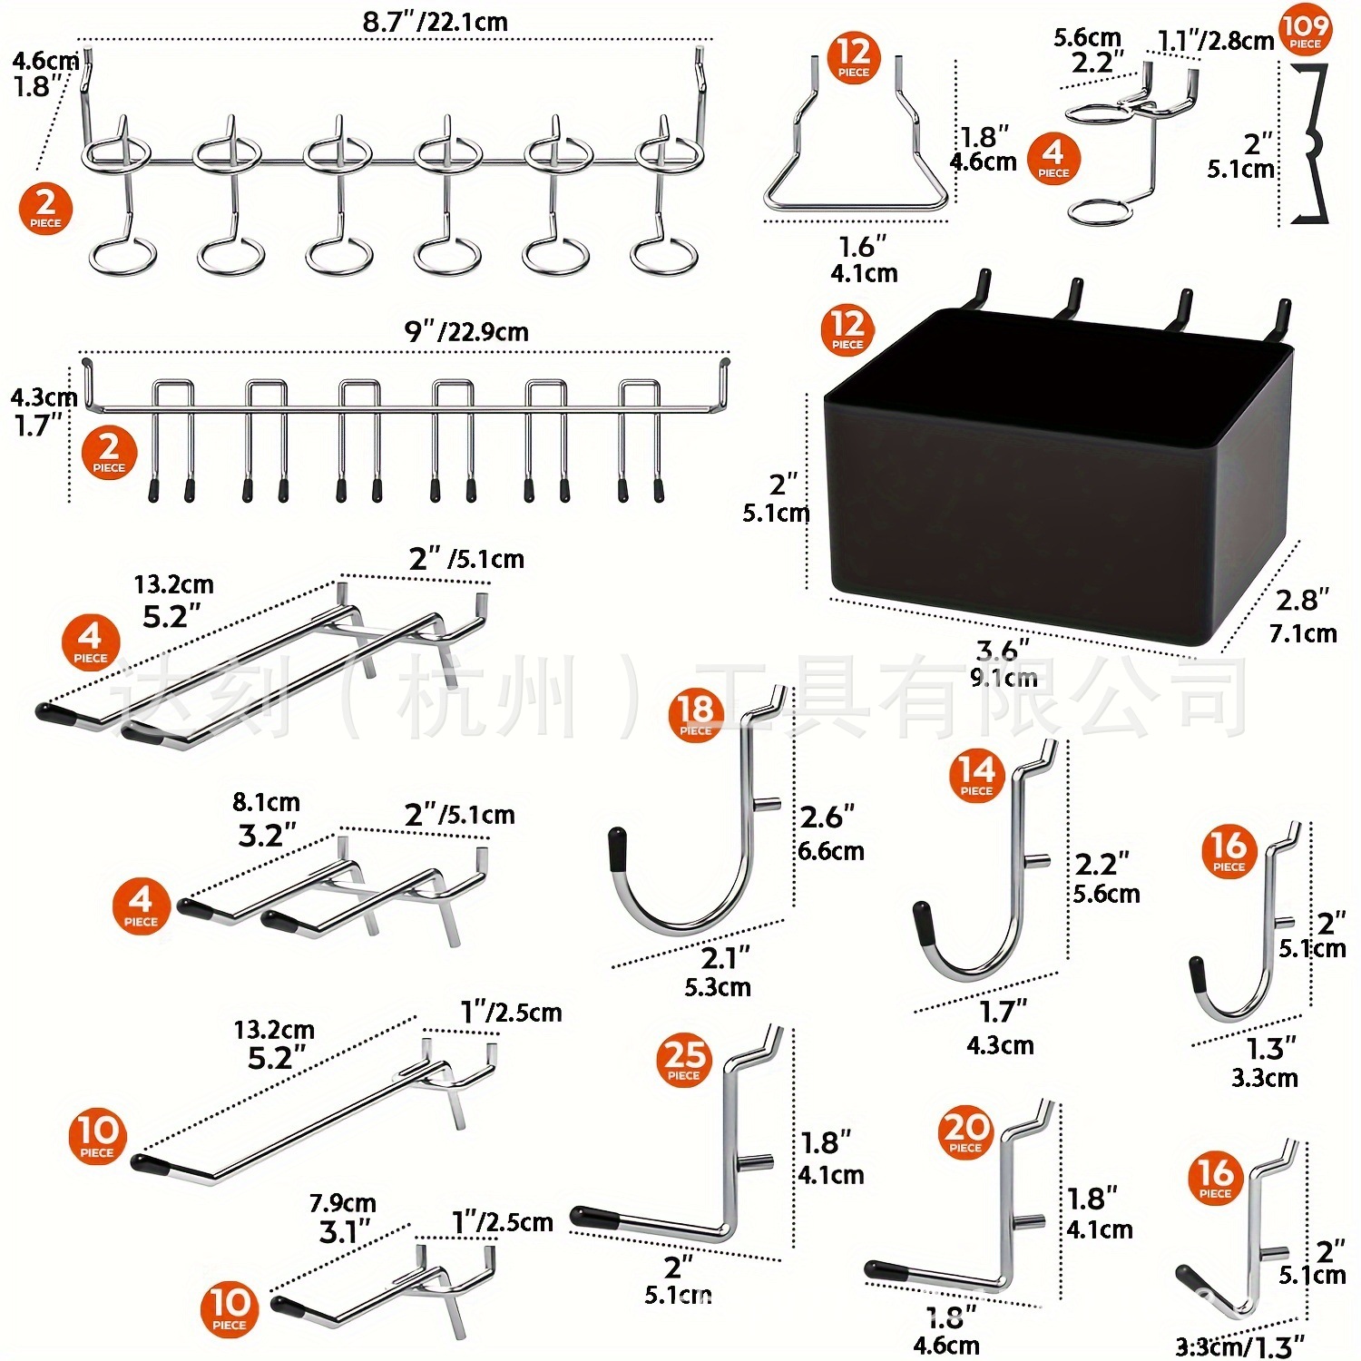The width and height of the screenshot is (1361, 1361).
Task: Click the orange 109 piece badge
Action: click(x=1305, y=31)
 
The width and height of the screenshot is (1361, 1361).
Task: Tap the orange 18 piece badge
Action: click(x=696, y=714)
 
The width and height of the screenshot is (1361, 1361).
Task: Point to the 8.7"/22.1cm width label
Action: click(x=436, y=22)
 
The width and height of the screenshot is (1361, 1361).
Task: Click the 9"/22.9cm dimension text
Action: click(x=466, y=332)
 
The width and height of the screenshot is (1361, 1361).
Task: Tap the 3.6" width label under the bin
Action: click(x=1003, y=651)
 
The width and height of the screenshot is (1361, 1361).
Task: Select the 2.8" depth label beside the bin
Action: click(x=1303, y=601)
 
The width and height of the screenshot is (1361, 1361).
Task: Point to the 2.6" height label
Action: click(x=827, y=818)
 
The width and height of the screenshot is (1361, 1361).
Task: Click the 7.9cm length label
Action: click(x=342, y=1203)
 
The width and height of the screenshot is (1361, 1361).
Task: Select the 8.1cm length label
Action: click(x=266, y=802)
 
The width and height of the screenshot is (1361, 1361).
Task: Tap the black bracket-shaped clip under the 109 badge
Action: click(x=1311, y=145)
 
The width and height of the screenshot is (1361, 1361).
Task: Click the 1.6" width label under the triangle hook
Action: click(x=862, y=247)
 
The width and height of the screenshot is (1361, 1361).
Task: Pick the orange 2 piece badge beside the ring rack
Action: click(x=45, y=208)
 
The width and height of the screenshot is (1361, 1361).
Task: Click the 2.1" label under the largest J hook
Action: click(x=726, y=958)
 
